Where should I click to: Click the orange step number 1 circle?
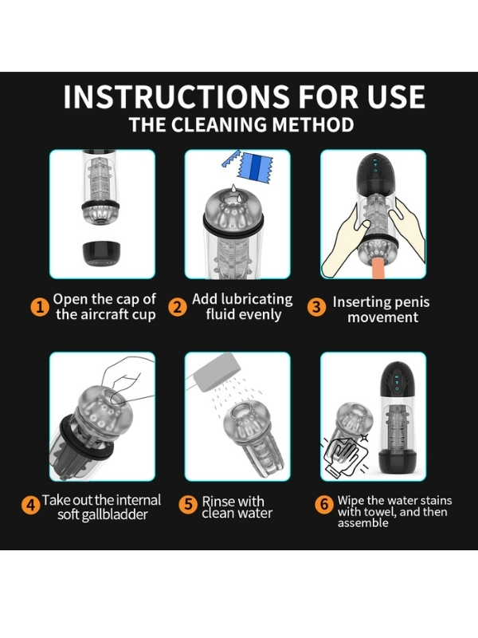40,307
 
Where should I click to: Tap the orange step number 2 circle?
178,307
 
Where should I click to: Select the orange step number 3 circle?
316,307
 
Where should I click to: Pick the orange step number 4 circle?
30,505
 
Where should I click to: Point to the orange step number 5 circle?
188,504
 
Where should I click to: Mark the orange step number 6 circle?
324,504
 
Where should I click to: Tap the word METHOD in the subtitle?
312,124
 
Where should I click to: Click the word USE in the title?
396,96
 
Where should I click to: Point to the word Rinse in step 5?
217,501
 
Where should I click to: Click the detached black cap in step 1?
101,253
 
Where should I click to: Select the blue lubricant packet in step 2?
254,167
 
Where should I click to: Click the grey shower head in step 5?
217,372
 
